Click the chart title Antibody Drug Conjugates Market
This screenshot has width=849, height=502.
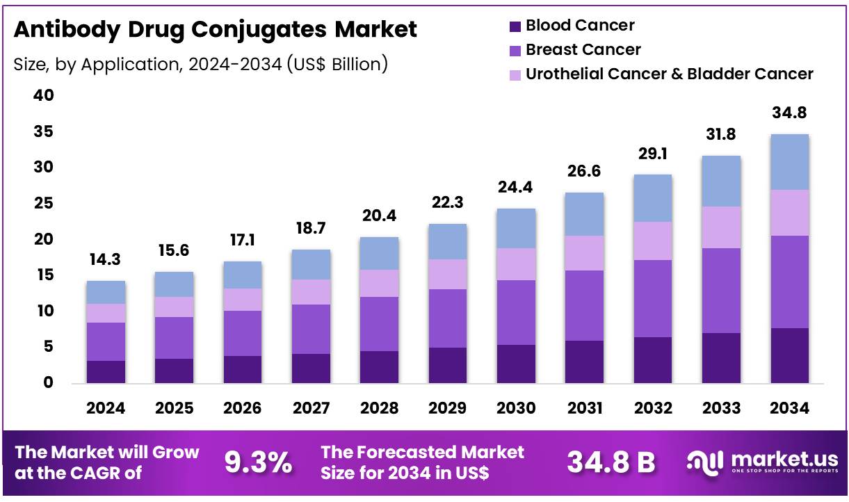(215, 29)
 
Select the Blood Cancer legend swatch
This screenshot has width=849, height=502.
(515, 26)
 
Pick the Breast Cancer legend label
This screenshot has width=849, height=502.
(583, 50)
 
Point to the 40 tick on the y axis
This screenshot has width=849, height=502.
(43, 96)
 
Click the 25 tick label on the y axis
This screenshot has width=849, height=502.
(43, 204)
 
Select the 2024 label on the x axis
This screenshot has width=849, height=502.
(106, 408)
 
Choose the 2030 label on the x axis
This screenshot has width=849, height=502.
(516, 408)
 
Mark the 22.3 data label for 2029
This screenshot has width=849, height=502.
(448, 203)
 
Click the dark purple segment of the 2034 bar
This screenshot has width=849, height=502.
(789, 355)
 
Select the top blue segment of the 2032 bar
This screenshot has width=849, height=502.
(652, 198)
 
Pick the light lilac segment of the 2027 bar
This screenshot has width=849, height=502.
(312, 292)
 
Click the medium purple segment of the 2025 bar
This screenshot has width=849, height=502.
(174, 338)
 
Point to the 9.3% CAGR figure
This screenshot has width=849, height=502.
(258, 462)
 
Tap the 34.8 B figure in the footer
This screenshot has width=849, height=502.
(611, 462)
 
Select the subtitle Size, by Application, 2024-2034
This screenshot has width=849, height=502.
(200, 65)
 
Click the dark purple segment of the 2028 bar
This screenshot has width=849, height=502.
(380, 367)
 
